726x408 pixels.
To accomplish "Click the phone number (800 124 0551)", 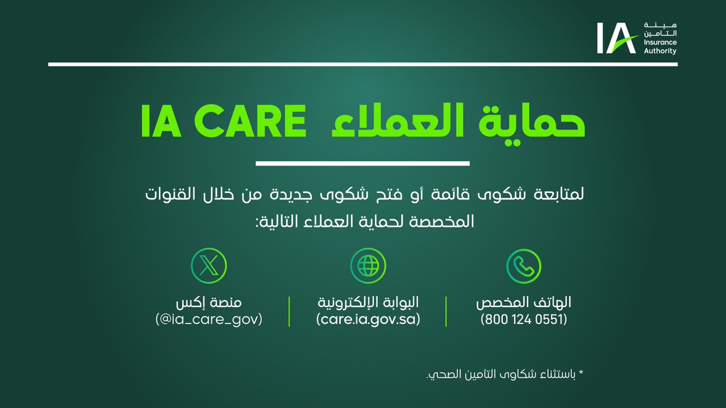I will tap(525, 319).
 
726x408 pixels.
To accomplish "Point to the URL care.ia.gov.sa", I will tap(368, 319).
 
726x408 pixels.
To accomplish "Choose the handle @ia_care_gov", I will tap(209, 319).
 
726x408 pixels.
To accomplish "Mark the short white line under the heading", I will tap(363, 163).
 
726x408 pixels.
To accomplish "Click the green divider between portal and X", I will tap(289, 311).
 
